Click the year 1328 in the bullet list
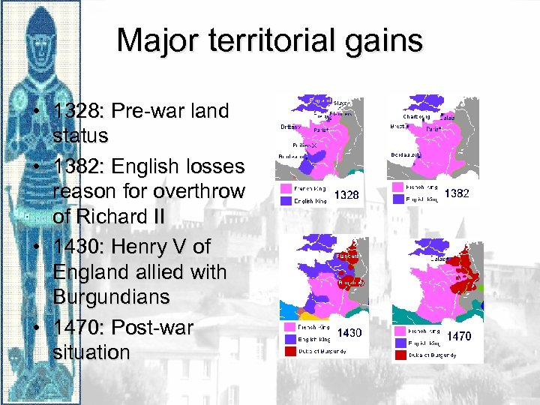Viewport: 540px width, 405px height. pos(80,112)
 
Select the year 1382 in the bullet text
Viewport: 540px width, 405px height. pos(81,166)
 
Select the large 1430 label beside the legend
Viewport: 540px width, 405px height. pos(349,332)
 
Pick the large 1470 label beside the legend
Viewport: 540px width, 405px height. pos(458,336)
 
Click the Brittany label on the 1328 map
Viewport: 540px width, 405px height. pos(290,127)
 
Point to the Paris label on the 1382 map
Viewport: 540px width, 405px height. pos(433,129)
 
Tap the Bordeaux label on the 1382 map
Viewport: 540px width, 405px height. pos(405,154)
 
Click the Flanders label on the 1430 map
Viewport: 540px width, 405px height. pos(346,254)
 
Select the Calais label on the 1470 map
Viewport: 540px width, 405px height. pos(437,259)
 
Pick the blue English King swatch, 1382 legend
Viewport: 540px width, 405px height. pos(395,199)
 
